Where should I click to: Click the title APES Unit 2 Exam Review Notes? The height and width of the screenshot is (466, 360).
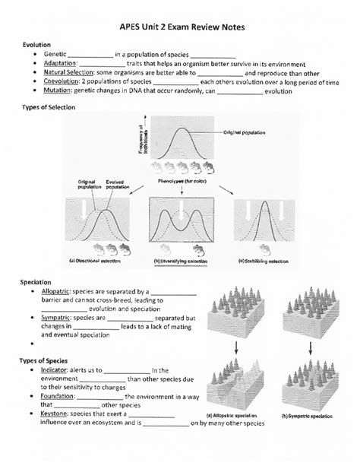(x=179, y=27)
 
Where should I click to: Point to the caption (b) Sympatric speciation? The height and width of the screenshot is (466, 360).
(x=307, y=417)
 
